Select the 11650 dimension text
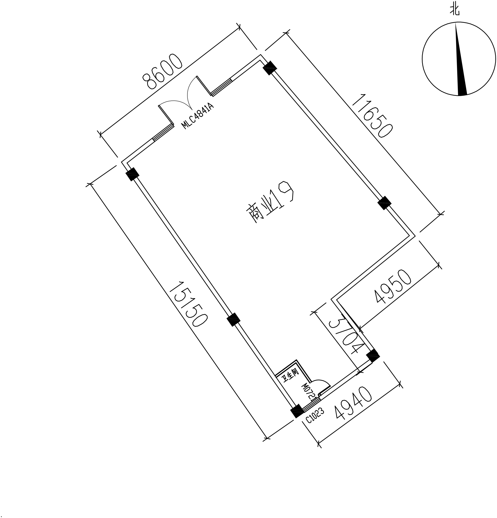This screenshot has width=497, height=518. (373, 116)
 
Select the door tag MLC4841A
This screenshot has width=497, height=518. (197, 116)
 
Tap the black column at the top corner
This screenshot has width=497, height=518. (270, 68)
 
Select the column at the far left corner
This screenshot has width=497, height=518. (132, 174)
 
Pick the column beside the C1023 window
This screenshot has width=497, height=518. (297, 411)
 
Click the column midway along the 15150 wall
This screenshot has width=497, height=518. (234, 320)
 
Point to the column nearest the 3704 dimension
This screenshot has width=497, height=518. (373, 356)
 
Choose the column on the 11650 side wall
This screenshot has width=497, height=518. (384, 203)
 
